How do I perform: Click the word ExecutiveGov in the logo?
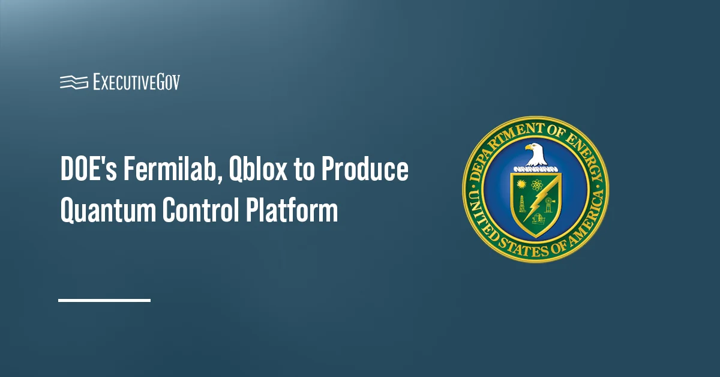coord(136,82)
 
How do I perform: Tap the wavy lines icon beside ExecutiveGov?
coord(74,82)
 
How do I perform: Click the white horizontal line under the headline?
coord(104,299)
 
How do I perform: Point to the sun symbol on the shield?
coord(520,182)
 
